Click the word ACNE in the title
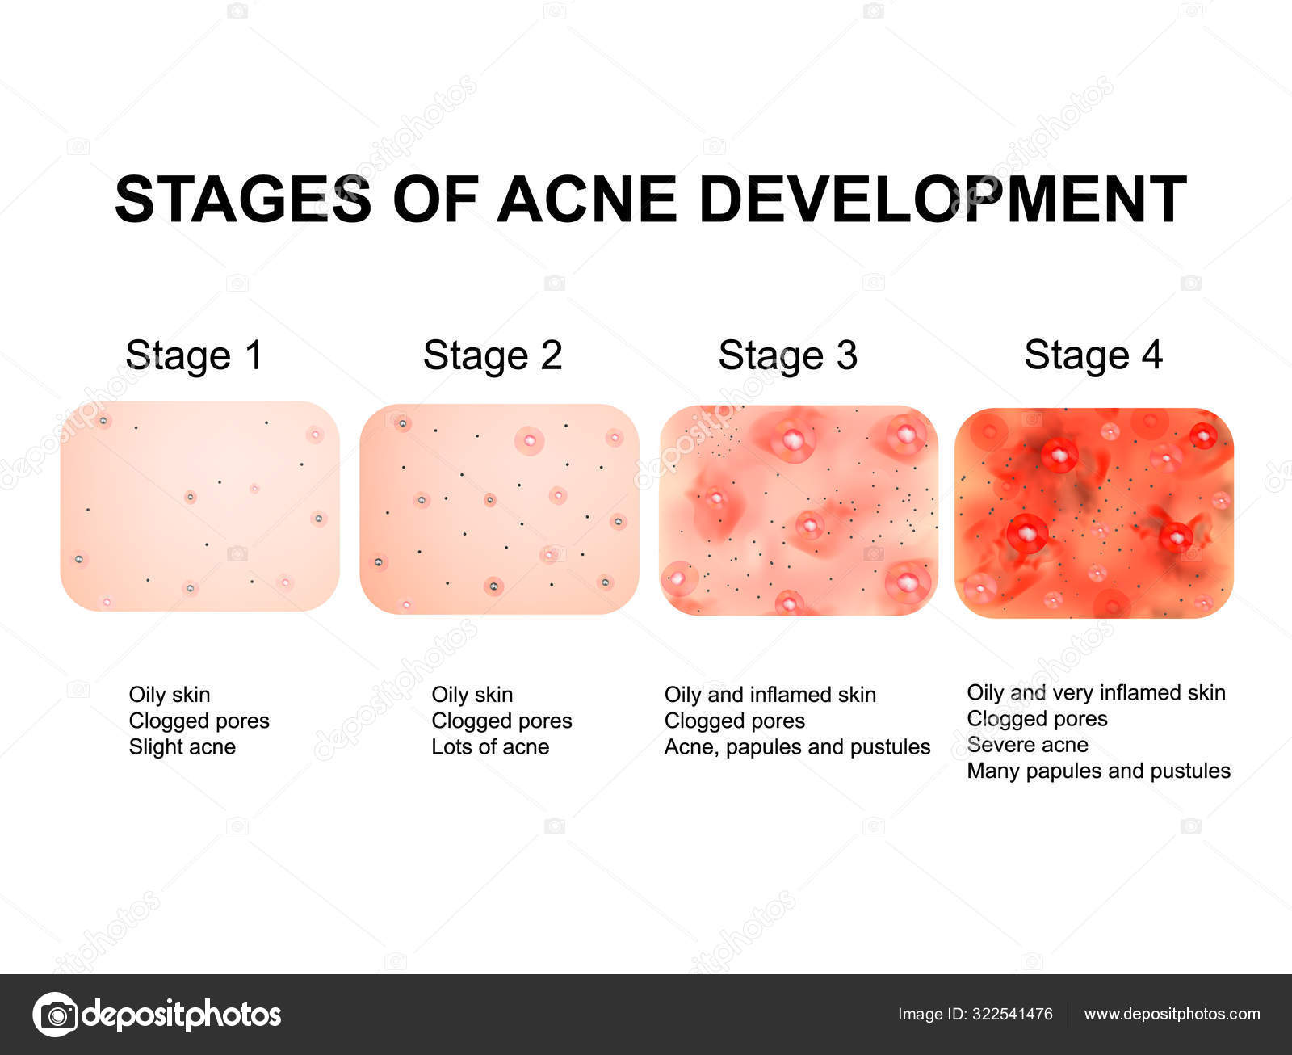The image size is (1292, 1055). coord(586,199)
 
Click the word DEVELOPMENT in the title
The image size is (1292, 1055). coord(942,199)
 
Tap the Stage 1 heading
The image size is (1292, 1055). coord(195,355)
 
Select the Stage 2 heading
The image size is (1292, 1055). coord(493,355)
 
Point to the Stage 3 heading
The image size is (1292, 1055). coord(787,355)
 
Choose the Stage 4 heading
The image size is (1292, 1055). coord(1093,355)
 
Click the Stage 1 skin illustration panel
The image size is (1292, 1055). coord(199,506)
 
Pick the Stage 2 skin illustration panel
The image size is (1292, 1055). coord(499,508)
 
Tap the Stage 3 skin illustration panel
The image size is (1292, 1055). coord(799,510)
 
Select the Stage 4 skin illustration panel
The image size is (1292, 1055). coord(1093,513)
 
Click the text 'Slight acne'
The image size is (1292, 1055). coord(182,746)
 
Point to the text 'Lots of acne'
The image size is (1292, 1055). coord(490,746)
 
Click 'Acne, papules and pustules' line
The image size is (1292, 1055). coord(797,746)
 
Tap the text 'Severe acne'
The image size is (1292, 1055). coord(1027,744)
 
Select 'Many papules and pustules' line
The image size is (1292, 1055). coord(1098,771)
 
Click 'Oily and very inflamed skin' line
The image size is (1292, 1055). coord(1096,692)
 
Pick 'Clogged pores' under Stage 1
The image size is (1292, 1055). coord(199,721)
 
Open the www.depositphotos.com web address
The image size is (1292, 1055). coord(1172,1014)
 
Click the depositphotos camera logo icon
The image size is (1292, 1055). coord(55,1014)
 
